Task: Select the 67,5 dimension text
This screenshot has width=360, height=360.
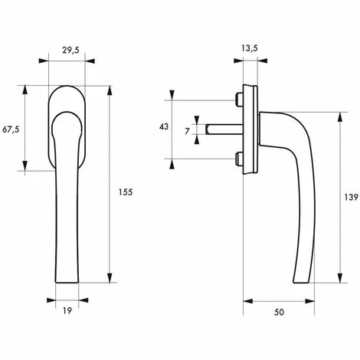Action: tap(10, 129)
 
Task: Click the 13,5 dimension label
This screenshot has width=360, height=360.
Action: tap(249, 48)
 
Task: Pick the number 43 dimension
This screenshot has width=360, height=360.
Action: tap(163, 127)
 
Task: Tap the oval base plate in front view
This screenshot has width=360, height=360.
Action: tap(67, 96)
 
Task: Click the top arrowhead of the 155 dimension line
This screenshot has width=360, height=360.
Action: tap(110, 89)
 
